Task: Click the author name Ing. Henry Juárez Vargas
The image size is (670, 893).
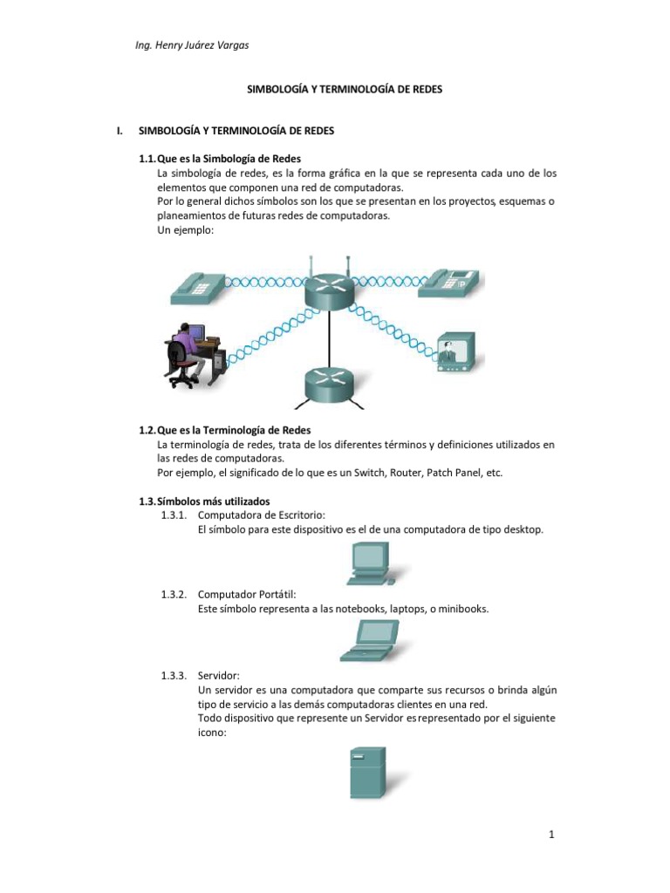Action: tap(188, 45)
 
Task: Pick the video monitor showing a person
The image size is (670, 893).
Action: tap(455, 351)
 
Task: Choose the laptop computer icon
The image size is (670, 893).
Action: tap(369, 642)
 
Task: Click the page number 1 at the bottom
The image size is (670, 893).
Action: tap(552, 835)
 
